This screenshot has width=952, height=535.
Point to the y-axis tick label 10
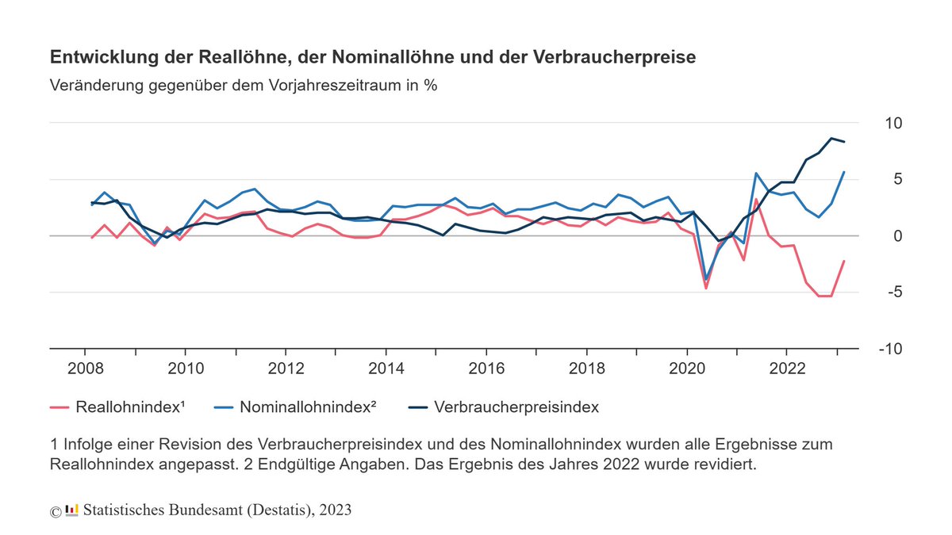pyautogui.click(x=893, y=124)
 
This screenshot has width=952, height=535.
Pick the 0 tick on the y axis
pyautogui.click(x=898, y=236)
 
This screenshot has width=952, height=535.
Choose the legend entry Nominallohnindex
pyautogui.click(x=307, y=407)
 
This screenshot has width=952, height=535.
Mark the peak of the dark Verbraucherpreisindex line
pyautogui.click(x=831, y=138)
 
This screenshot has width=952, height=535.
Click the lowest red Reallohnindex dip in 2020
pyautogui.click(x=706, y=287)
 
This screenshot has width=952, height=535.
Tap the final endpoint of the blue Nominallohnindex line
pyautogui.click(x=843, y=172)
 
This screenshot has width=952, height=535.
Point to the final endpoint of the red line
pyautogui.click(x=843, y=261)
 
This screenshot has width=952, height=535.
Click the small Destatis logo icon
pyautogui.click(x=71, y=509)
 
